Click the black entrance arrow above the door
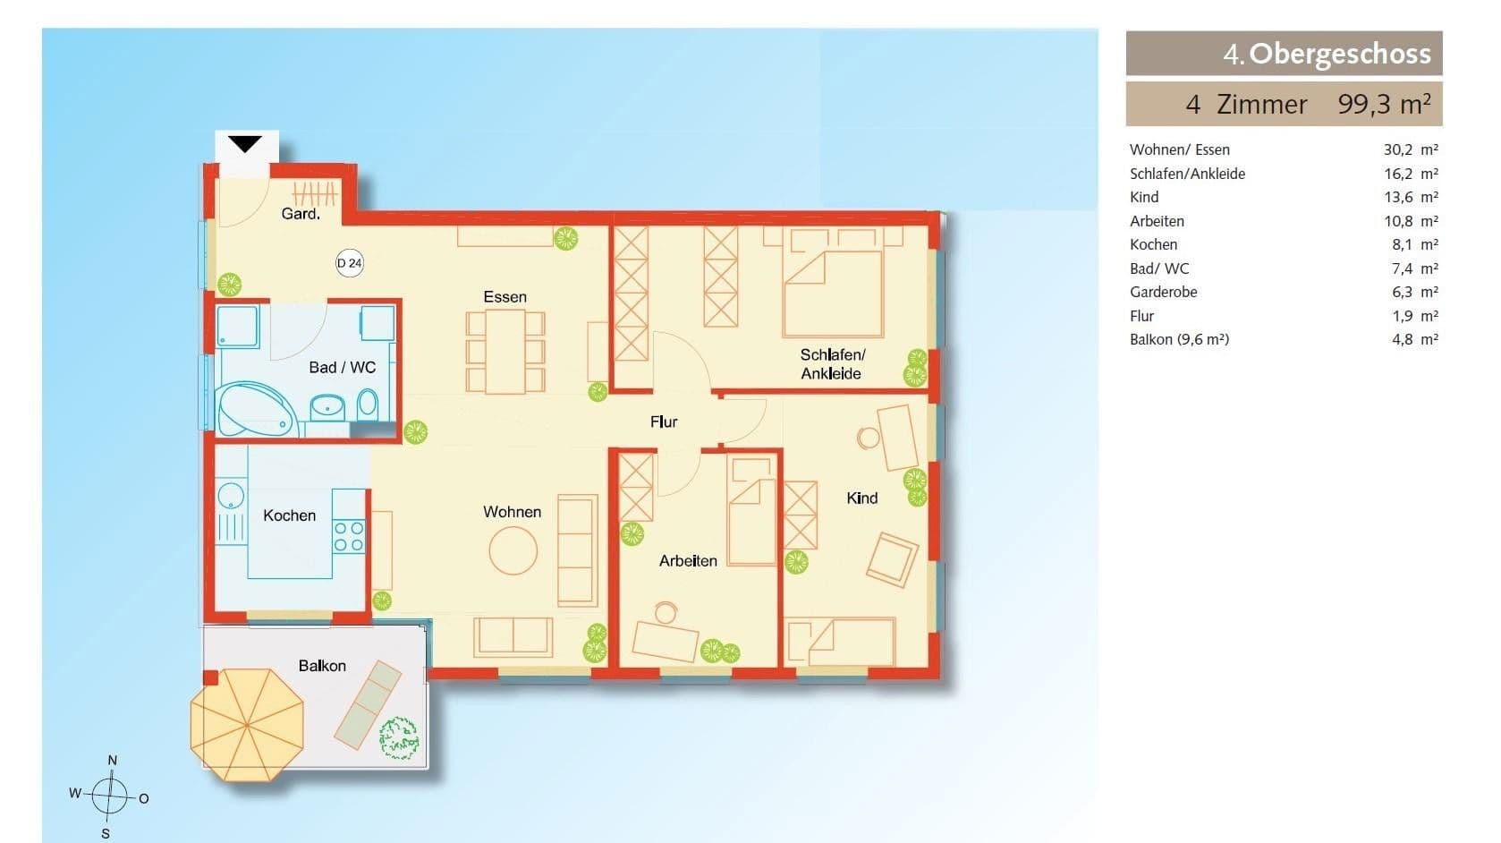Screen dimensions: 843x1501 point(244,144)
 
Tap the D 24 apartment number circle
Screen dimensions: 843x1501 point(350,263)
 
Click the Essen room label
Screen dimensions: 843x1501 point(505,297)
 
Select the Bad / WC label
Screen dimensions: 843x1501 point(342,368)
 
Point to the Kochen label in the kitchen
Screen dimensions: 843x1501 point(289,515)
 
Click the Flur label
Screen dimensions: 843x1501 point(664,421)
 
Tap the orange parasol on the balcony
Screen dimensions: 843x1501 point(247,724)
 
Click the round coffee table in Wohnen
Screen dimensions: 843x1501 point(513,550)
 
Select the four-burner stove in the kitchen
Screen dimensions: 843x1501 point(349,535)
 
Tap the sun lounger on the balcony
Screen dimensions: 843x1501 point(369,703)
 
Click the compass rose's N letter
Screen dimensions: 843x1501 point(112,761)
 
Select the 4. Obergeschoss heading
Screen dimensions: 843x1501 point(1327,54)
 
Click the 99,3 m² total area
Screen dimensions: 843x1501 point(1383,105)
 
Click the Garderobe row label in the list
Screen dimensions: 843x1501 point(1163,292)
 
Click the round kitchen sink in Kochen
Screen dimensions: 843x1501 point(231,497)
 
